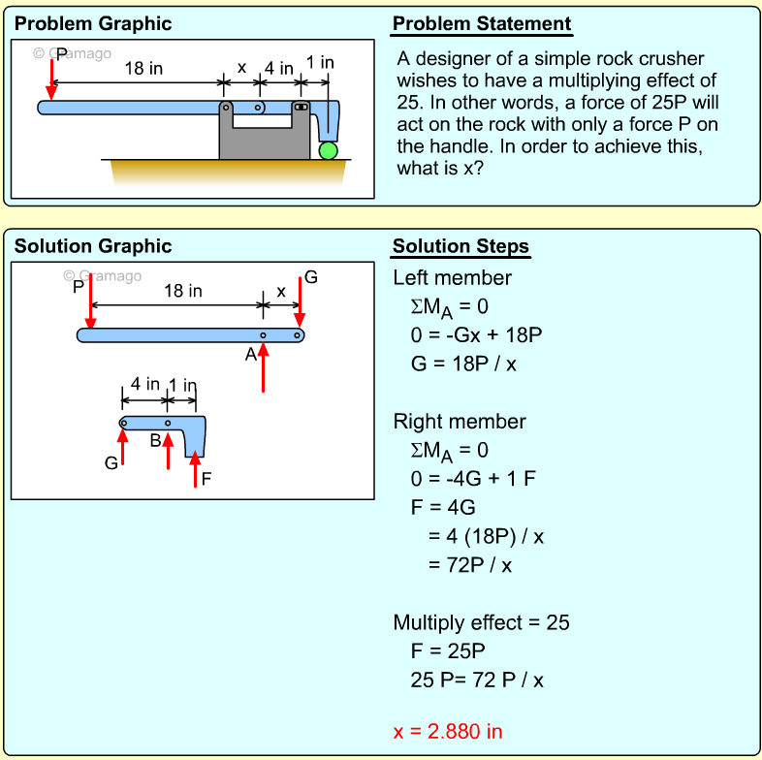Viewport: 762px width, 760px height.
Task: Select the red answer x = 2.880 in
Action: (x=448, y=731)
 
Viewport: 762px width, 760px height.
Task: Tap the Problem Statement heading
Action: (x=482, y=24)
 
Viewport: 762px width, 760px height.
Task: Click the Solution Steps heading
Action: (x=460, y=246)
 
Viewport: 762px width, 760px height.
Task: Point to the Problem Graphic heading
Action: (x=93, y=24)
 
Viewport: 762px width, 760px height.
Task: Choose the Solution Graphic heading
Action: (x=93, y=246)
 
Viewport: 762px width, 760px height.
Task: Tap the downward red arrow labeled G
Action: (x=301, y=302)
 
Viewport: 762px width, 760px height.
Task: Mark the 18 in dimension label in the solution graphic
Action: (x=183, y=291)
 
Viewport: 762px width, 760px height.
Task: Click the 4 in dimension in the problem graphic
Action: (x=279, y=69)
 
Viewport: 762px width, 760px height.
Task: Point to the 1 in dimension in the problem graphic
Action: (x=320, y=63)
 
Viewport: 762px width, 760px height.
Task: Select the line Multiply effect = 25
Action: (x=481, y=622)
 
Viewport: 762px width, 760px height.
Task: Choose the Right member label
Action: (x=460, y=422)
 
